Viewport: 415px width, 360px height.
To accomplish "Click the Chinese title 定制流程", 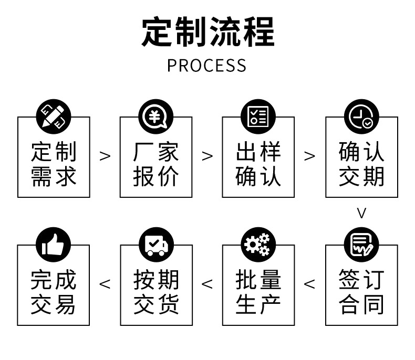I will [x=207, y=33].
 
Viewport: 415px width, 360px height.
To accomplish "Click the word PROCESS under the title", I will [x=206, y=66].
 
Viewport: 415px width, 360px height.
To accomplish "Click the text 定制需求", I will [x=54, y=164].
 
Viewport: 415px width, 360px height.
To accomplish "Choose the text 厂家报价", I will [x=156, y=164].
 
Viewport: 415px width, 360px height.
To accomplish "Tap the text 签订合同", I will [x=361, y=292].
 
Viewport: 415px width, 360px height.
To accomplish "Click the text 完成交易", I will [x=54, y=292].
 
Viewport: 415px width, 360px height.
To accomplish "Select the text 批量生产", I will [x=258, y=292].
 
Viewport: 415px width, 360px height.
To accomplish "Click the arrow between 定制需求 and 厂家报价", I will [x=105, y=156].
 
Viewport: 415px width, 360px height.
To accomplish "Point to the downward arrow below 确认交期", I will [x=361, y=213].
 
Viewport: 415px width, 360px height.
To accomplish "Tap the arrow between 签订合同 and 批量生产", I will [x=310, y=284].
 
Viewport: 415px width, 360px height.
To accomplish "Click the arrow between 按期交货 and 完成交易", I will [x=105, y=284].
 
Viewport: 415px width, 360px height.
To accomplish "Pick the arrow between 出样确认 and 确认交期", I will [x=310, y=156].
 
